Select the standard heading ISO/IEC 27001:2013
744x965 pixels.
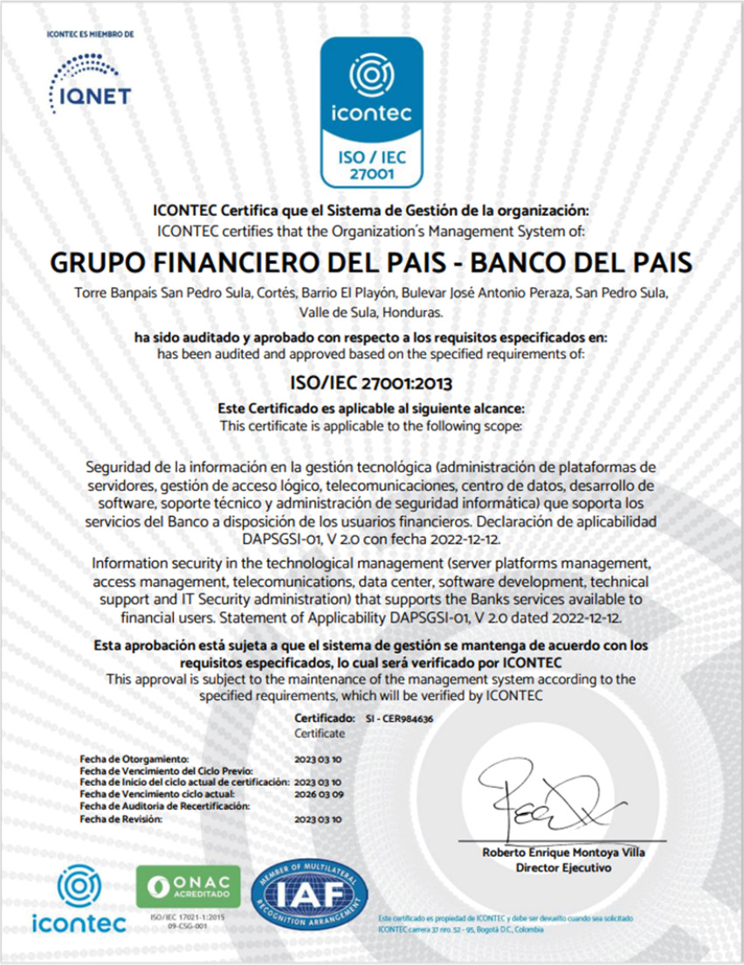pos(371,381)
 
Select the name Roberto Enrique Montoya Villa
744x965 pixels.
pos(563,853)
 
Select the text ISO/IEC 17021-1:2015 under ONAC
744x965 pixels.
pos(188,918)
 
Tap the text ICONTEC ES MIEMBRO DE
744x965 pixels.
pos(90,35)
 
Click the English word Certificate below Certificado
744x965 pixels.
pos(320,734)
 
